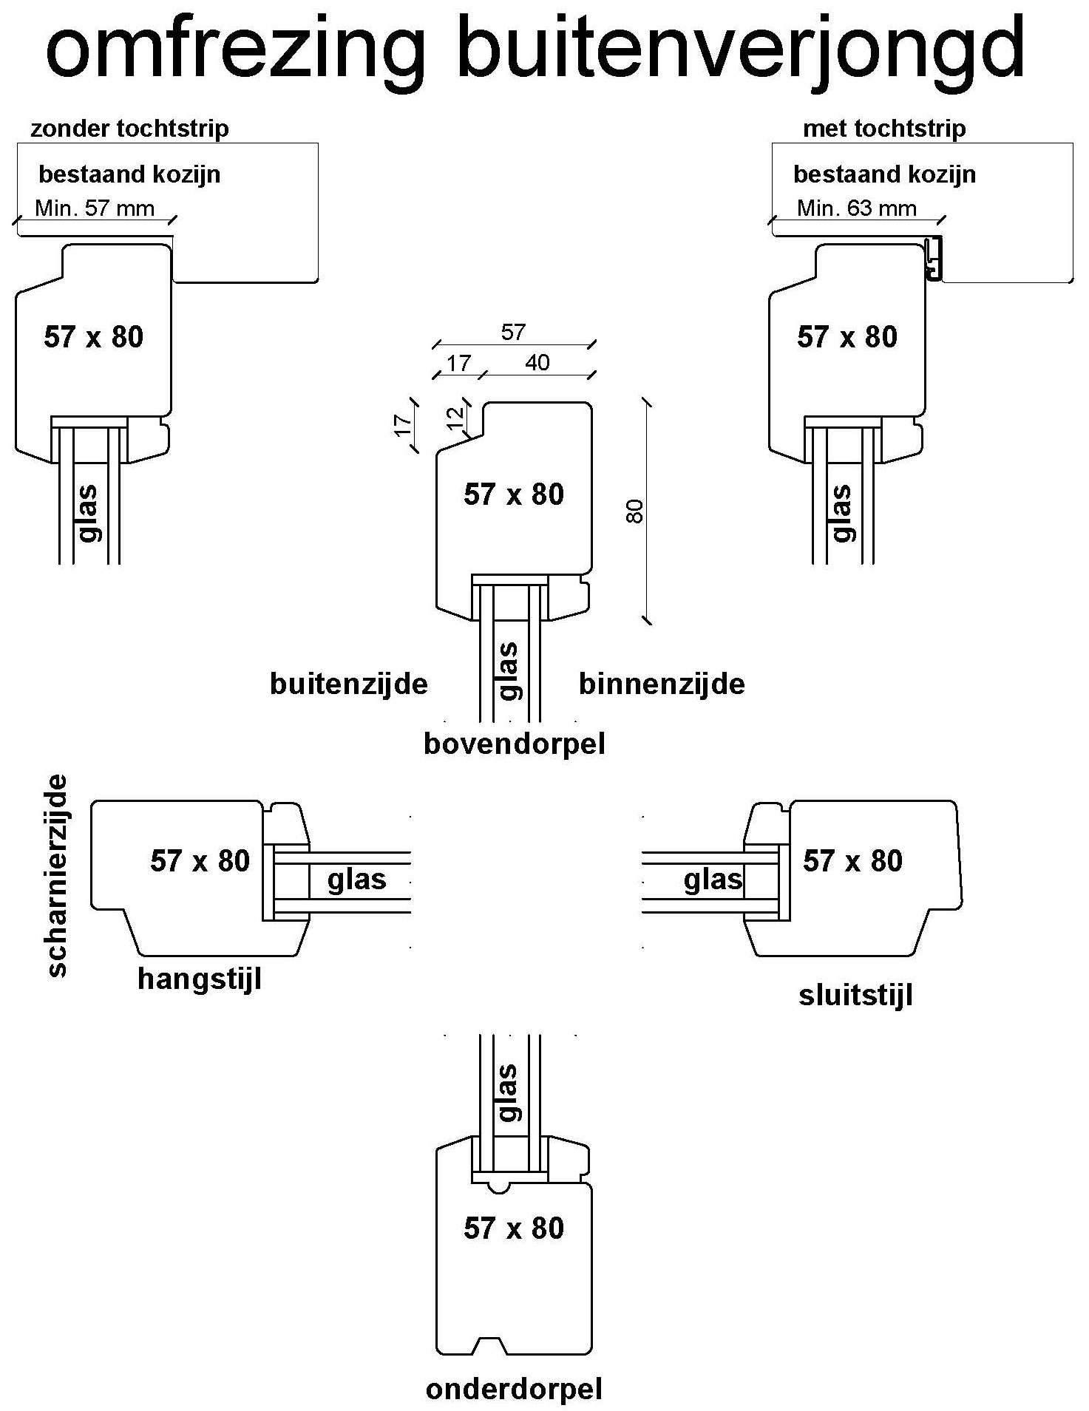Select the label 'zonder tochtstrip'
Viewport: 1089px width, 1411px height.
[129, 129]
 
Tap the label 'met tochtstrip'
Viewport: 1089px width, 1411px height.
[884, 129]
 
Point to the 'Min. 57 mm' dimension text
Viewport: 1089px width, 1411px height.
[95, 208]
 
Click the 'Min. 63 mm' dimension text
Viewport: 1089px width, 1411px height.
[856, 208]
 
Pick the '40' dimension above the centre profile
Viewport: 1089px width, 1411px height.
[537, 363]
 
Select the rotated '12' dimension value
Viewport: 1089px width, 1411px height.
[457, 418]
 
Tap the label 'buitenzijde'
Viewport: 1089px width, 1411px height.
[348, 684]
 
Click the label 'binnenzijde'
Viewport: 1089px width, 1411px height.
[662, 684]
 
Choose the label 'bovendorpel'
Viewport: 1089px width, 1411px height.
[515, 744]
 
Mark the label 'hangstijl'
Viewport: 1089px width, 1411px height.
[200, 979]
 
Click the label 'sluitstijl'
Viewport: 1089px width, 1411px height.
[855, 996]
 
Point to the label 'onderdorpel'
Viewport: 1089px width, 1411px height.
[514, 1390]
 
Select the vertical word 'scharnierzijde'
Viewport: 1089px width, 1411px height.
[56, 875]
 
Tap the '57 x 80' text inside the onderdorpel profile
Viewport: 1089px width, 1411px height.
[514, 1228]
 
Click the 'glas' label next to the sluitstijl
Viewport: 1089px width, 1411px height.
[713, 880]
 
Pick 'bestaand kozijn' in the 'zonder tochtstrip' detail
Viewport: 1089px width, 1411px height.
[129, 175]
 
